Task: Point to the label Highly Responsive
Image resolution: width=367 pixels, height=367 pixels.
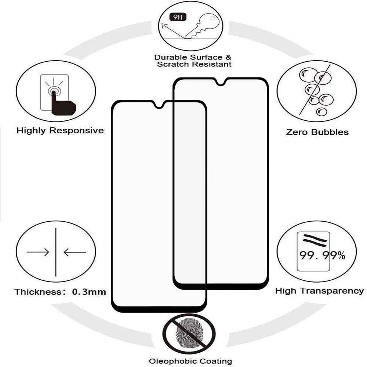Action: click(60, 131)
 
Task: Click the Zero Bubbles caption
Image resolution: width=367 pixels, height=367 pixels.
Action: click(317, 132)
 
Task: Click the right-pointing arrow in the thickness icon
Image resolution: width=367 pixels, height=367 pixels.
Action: click(39, 252)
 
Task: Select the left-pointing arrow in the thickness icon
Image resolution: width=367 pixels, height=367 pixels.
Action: click(75, 252)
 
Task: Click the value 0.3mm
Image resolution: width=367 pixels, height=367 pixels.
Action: click(89, 292)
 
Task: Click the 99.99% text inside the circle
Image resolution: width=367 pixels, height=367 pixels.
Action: click(322, 255)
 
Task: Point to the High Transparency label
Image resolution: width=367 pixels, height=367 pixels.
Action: click(319, 291)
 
